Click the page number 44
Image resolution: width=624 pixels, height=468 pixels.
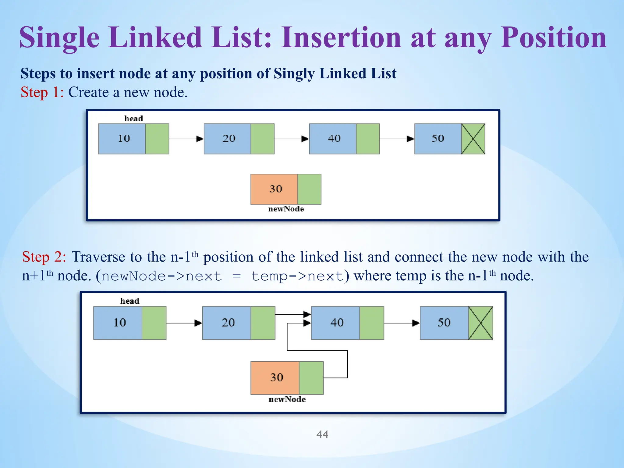322,434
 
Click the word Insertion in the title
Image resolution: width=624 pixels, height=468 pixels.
341,38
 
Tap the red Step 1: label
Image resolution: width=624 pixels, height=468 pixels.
42,92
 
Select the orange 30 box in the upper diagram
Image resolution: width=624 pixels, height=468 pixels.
274,189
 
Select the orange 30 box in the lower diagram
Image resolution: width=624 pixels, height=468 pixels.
275,378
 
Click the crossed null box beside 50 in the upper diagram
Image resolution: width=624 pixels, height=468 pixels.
473,139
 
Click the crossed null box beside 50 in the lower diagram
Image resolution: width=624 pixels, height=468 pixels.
480,323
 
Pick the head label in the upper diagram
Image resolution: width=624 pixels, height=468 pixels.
133,119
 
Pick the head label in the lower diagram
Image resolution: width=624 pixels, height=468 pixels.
129,301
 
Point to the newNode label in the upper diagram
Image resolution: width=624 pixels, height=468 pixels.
286,209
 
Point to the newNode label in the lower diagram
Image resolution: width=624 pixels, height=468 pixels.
287,399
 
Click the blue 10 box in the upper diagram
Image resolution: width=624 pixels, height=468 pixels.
122,139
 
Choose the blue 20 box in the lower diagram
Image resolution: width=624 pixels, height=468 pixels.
227,323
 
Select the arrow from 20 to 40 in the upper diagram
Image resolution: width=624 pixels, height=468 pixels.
291,139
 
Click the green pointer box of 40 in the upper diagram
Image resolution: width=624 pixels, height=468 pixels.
368,139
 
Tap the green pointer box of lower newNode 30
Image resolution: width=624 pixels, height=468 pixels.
311,378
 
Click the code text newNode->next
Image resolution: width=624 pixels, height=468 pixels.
161,276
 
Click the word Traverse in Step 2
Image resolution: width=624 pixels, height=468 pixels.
98,257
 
